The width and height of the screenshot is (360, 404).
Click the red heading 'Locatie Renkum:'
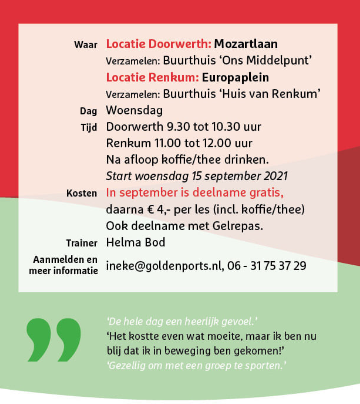[144, 77]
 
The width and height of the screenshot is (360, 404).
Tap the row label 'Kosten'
[81, 191]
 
